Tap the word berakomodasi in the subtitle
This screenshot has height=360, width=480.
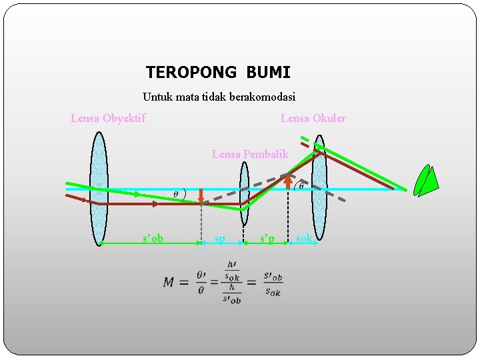262,97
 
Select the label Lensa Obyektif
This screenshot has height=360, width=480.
108,119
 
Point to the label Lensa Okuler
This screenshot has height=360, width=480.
313,119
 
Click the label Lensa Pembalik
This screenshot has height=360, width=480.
250,154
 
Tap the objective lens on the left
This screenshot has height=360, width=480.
99,188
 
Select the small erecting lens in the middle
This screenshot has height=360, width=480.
244,193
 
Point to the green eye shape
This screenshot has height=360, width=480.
425,181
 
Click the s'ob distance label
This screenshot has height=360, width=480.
153,238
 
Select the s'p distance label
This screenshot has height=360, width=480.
267,238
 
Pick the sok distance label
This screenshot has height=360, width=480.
304,238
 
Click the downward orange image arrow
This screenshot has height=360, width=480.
201,197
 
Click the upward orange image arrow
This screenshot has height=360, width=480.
287,182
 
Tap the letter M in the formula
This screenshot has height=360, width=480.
169,282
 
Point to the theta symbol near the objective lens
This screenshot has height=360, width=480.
175,194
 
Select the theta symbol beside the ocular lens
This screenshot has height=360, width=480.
301,186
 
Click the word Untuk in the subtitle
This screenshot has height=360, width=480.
157,97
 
